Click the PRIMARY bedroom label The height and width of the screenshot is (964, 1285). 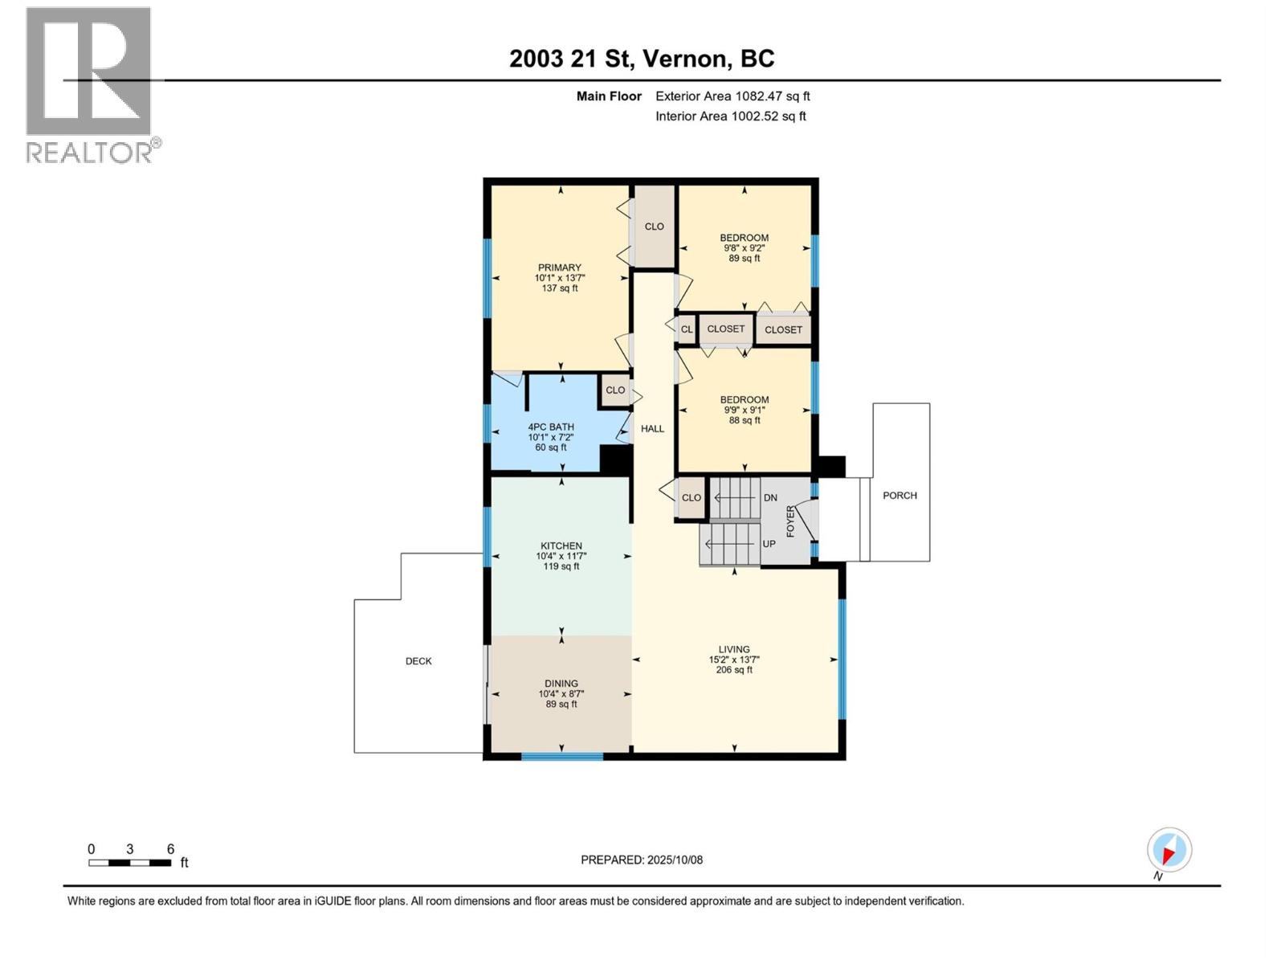tap(560, 268)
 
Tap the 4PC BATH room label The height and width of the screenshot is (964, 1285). tap(551, 427)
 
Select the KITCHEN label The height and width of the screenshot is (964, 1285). tap(561, 545)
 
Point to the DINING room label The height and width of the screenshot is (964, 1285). tap(561, 684)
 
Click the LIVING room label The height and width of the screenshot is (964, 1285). tap(734, 649)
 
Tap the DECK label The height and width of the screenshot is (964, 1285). tap(418, 661)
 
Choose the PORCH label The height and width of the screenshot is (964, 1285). tap(899, 496)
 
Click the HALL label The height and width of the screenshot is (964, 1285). tap(652, 429)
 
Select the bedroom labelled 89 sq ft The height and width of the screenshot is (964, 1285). tap(744, 238)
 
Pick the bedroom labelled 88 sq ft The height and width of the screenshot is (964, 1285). tap(744, 400)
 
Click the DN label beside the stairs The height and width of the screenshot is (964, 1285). tap(770, 498)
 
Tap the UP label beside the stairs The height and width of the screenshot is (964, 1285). tap(769, 544)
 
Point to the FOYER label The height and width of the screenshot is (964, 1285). tap(790, 521)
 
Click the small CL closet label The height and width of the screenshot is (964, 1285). tap(687, 329)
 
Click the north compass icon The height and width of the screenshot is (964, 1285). tap(1169, 850)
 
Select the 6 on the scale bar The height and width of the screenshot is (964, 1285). tap(170, 849)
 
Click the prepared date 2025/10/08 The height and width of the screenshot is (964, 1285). tap(642, 860)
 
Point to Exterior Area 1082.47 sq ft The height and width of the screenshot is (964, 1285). tap(732, 96)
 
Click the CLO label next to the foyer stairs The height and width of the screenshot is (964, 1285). tap(691, 498)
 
